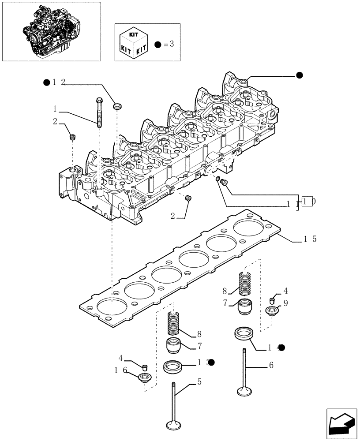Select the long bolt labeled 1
pos(98,112)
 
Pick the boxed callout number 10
pos(308,202)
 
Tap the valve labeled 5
pos(173,406)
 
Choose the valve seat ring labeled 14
pos(243,333)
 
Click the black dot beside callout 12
pos(47,82)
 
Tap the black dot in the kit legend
pos(158,45)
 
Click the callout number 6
pos(271,365)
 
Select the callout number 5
pos(199,382)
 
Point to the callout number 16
pos(120,371)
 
